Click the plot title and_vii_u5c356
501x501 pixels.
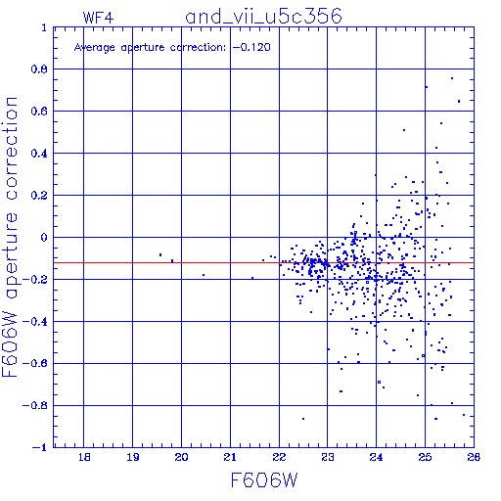click(x=263, y=16)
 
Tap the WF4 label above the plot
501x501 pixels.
click(x=98, y=18)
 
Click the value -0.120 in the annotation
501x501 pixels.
click(x=251, y=47)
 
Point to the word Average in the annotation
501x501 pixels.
click(x=95, y=48)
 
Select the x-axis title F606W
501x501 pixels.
click(x=264, y=480)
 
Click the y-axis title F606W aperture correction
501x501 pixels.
click(x=10, y=237)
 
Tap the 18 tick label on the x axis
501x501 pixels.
click(x=84, y=457)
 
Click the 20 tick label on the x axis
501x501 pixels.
click(x=181, y=457)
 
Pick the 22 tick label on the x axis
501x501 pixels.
click(x=279, y=457)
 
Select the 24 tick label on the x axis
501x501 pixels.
click(x=376, y=457)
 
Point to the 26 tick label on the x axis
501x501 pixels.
click(x=474, y=457)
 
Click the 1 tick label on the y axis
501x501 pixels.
click(x=44, y=27)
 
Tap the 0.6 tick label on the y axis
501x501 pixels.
click(x=39, y=112)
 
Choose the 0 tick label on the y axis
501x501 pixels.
click(x=44, y=238)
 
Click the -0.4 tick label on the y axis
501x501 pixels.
click(x=34, y=322)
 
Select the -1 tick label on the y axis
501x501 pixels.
click(x=40, y=447)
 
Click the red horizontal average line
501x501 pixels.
click(x=263, y=262)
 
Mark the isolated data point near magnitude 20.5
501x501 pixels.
click(x=204, y=275)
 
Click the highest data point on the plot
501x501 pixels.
click(x=452, y=78)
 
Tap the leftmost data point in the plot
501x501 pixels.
click(x=160, y=254)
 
